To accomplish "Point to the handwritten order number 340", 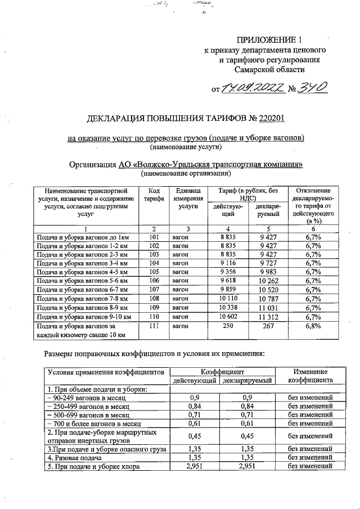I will pyautogui.click(x=313, y=88).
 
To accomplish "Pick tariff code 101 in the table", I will pyautogui.click(x=154, y=238).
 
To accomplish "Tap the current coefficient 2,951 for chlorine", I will pyautogui.click(x=194, y=467).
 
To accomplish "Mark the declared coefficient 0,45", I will pyautogui.click(x=247, y=436).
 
